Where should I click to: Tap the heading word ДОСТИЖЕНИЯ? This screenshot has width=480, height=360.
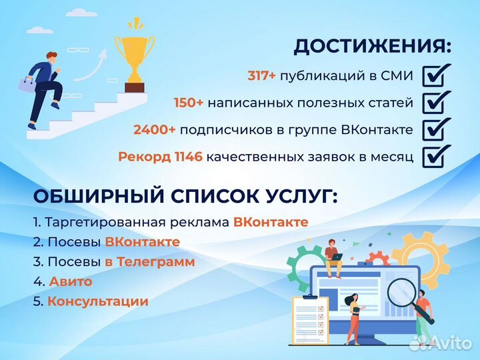(x=373, y=47)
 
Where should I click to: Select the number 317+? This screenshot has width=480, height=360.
(x=261, y=76)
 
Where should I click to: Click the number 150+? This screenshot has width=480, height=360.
(x=188, y=103)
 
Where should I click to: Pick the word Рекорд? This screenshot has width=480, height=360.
(x=140, y=157)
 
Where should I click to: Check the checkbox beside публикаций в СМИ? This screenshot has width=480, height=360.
(x=437, y=75)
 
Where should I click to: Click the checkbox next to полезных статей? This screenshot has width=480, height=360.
(x=437, y=103)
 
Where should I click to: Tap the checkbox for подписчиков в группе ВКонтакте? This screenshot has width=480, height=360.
(x=437, y=129)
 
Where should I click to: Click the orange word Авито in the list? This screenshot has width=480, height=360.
(x=71, y=281)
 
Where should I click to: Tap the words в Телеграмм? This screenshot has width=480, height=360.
(x=149, y=262)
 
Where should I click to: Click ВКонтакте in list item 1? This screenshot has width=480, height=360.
(x=271, y=222)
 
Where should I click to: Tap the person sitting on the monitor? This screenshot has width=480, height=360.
(x=333, y=255)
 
